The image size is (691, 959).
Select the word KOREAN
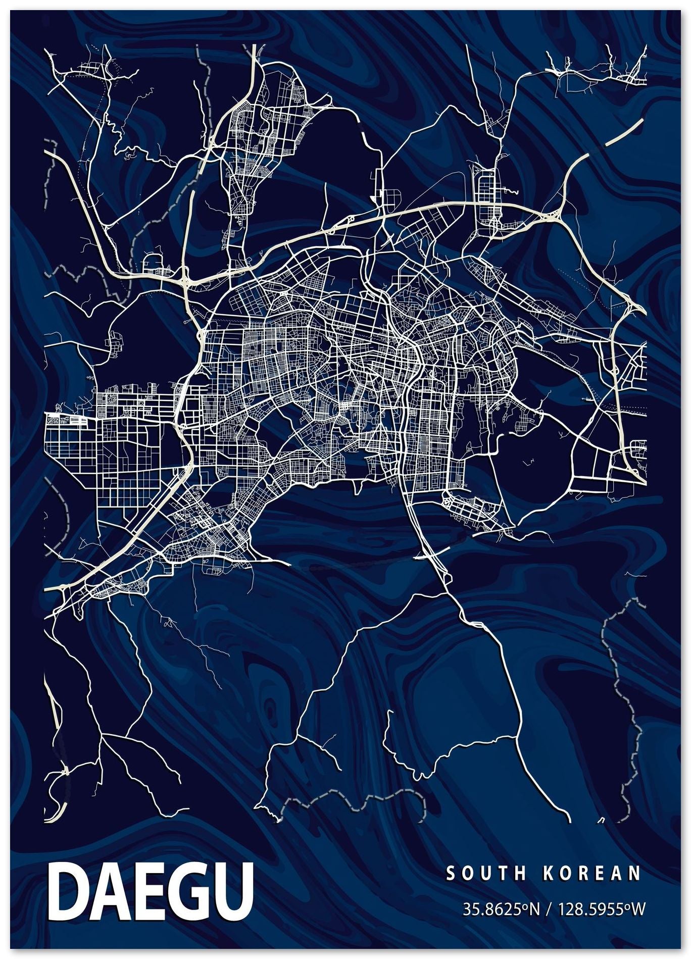point(591,873)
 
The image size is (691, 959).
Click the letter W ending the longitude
point(638,909)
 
